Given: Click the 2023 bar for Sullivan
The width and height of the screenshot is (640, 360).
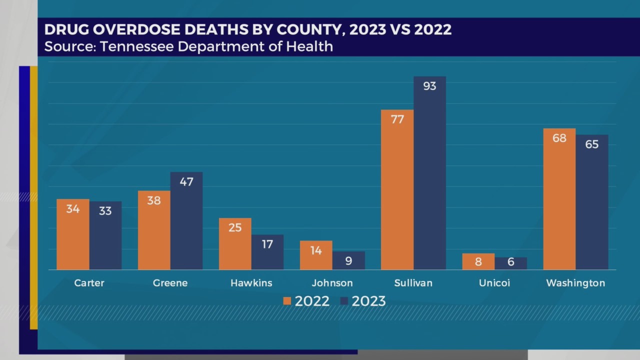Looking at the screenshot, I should pos(429,175).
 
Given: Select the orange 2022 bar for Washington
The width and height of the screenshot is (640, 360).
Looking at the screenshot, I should pos(559,200).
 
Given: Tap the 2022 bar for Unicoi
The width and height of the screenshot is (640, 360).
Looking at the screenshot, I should pos(478,261).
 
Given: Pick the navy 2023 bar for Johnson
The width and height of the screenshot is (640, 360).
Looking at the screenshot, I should pos(348,260).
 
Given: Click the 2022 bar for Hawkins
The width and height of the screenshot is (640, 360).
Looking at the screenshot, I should pos(235,245).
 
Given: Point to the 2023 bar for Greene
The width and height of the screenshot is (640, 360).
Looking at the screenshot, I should pos(186,222).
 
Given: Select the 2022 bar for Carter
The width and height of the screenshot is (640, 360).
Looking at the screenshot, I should pos(73,235).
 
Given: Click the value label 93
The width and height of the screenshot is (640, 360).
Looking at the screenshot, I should pos(429,86).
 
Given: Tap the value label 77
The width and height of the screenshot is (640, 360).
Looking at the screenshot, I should pos(397,119).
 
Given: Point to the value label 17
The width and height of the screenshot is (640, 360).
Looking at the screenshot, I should pos(267,244).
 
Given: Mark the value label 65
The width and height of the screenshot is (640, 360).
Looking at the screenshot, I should pos(591,144).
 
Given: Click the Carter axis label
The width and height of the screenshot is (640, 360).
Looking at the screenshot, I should pos(89,283).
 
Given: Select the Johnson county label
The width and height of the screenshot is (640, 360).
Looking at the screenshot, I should pos(332,283).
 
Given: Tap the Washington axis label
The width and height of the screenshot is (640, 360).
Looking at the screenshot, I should pos(575,283).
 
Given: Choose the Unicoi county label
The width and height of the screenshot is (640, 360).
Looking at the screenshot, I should pos(494,283).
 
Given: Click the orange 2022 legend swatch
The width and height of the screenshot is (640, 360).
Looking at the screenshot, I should pos(287,301).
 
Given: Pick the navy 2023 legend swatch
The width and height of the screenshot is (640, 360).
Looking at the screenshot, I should pos(344,301).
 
